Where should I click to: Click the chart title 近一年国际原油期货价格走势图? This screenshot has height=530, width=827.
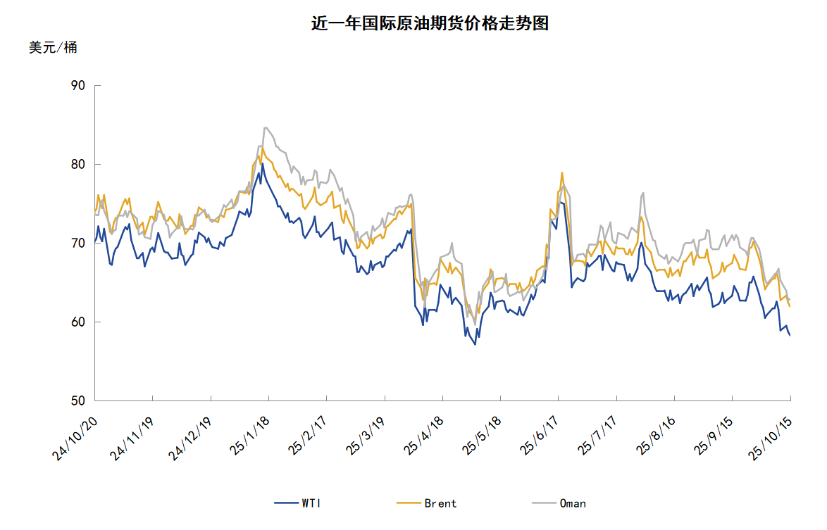(x=430, y=23)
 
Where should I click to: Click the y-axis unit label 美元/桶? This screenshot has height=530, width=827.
(x=53, y=48)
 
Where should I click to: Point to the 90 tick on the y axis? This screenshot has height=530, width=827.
(x=77, y=86)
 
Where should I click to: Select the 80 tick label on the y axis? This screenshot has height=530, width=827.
(x=77, y=165)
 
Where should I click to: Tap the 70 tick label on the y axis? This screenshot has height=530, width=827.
(x=77, y=244)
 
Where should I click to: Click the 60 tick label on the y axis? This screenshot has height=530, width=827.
(x=77, y=322)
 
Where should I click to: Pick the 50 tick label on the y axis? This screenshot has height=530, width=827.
(x=77, y=401)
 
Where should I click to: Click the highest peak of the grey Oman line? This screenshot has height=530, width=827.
(x=265, y=127)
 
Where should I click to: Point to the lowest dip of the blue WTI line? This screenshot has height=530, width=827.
(x=475, y=344)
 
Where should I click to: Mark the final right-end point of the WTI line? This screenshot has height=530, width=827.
(x=790, y=335)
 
